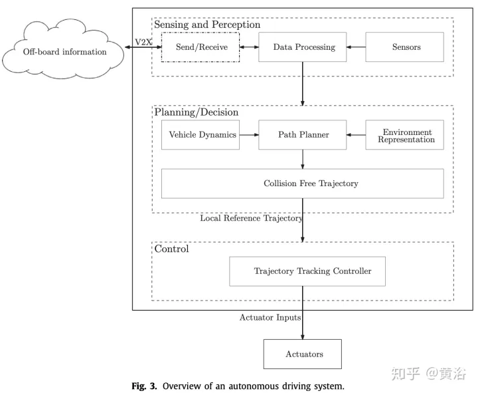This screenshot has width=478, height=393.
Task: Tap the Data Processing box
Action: [305, 47]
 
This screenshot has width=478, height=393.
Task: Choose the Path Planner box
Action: [303, 135]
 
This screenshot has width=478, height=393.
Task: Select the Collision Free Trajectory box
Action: [302, 183]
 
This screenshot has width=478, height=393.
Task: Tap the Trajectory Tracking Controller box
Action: [307, 271]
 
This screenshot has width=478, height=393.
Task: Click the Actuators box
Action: [302, 354]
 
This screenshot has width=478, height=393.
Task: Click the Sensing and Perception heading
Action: [207, 25]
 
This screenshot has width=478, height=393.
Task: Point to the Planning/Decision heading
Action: [196, 112]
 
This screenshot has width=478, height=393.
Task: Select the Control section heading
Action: [171, 249]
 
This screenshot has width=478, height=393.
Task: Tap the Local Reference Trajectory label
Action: [251, 218]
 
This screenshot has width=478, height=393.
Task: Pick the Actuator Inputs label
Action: [270, 318]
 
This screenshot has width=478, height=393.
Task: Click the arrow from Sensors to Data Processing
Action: [358, 47]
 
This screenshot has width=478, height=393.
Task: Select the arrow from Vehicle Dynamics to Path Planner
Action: [249, 135]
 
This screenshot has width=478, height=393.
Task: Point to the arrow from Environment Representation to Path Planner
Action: [357, 135]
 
